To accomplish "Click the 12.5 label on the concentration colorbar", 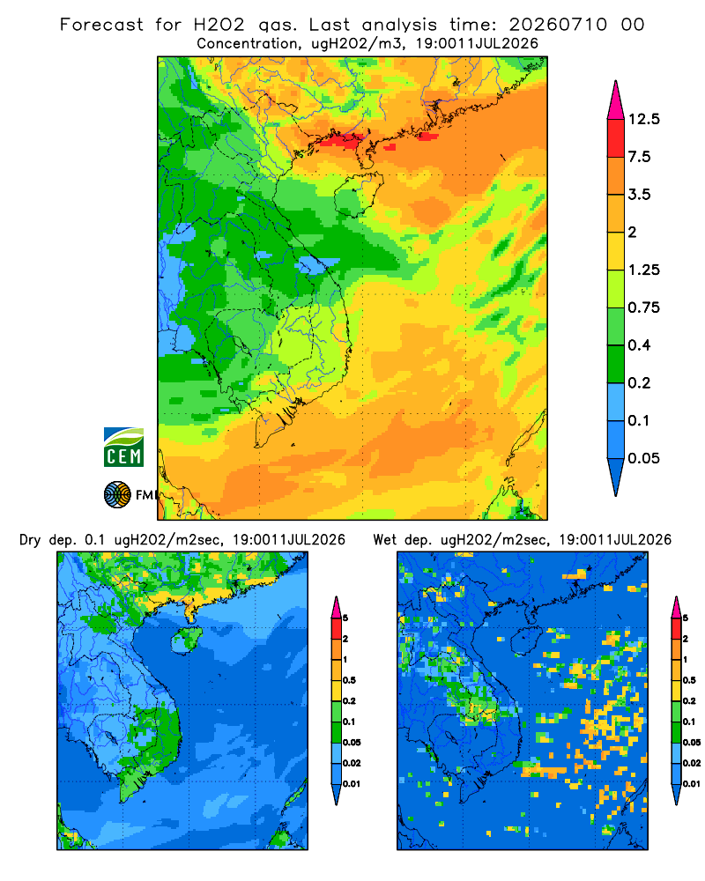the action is [x=643, y=119].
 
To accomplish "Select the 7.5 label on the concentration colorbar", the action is [x=639, y=157].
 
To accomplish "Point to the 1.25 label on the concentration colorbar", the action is [x=643, y=270].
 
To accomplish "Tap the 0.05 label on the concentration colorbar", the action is [x=643, y=458].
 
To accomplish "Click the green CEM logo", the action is [x=123, y=448].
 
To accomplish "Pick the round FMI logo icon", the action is [x=117, y=495].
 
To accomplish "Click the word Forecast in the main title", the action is [x=101, y=25].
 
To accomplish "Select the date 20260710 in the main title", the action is [x=558, y=25].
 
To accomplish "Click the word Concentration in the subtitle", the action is [x=248, y=44].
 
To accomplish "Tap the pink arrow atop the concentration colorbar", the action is [x=616, y=100].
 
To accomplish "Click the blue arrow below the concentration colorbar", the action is [x=616, y=477].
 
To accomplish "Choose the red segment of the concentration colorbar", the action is [x=616, y=138].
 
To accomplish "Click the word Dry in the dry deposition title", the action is [x=30, y=541].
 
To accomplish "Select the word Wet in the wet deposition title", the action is [x=385, y=540].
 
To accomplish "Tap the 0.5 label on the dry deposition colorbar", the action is [x=349, y=680].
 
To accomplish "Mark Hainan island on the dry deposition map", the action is [x=186, y=640].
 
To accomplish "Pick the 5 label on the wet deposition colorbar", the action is [x=686, y=618].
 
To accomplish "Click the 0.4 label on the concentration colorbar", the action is [x=639, y=345].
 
